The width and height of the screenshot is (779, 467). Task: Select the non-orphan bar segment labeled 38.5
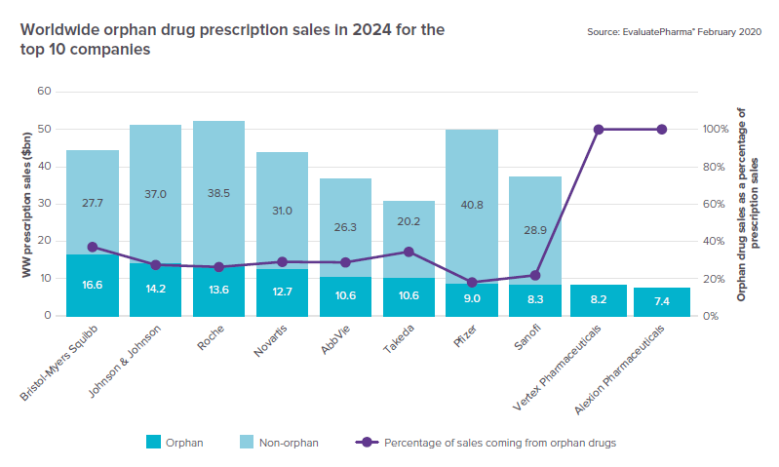[218, 194]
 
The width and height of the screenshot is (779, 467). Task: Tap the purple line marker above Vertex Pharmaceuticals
[599, 130]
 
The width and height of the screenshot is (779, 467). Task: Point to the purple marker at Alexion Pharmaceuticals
[662, 130]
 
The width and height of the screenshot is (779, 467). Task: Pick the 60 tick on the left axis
[44, 92]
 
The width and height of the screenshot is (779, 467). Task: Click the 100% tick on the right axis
[716, 130]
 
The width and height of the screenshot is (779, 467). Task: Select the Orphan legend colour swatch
[154, 442]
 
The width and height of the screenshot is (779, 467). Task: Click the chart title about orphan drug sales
[232, 39]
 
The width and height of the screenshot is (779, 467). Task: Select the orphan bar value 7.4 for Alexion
[662, 300]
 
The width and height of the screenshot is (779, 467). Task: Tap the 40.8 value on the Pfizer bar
[472, 205]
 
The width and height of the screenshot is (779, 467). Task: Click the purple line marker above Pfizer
[472, 283]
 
